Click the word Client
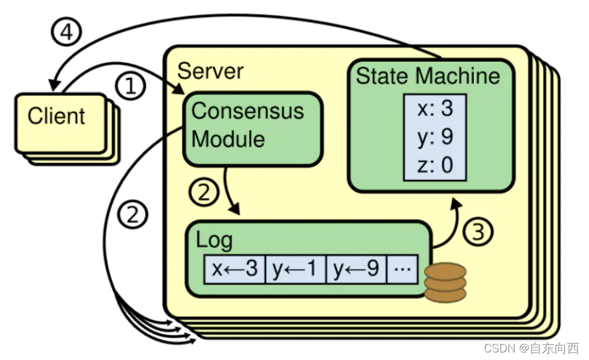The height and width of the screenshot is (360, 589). point(56,116)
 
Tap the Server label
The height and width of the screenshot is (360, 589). point(210,70)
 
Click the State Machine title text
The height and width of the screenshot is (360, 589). point(428,76)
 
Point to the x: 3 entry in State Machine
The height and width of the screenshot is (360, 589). point(435,109)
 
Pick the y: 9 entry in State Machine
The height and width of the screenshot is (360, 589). point(435,137)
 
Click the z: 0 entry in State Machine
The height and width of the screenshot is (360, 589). point(435,165)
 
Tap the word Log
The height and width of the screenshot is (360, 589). point(214,240)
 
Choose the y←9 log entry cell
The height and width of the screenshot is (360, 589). point(356,269)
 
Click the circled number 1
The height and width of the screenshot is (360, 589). point(130,86)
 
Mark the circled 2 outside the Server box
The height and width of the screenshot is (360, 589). point(133,216)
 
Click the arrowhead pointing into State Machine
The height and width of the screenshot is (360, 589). point(452,206)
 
